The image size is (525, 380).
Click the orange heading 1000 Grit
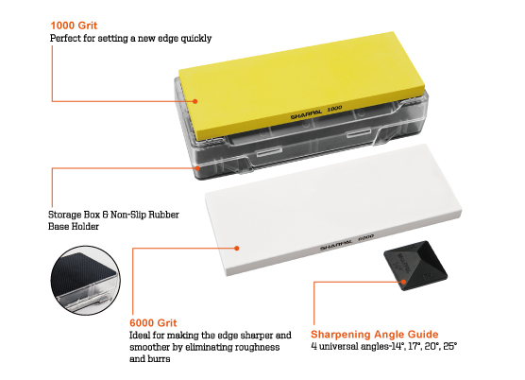coord(74,26)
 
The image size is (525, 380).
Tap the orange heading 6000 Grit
coord(153,322)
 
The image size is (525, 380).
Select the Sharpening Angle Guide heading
coord(374,335)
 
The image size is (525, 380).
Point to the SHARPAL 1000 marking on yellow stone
coord(316,112)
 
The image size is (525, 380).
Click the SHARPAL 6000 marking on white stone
coord(347,243)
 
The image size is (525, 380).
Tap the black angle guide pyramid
coord(415,265)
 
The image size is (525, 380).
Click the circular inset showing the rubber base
coord(86,281)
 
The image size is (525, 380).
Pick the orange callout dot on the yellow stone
coord(195,101)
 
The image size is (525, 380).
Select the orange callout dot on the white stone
coord(237,249)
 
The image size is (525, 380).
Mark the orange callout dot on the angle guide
coord(404,282)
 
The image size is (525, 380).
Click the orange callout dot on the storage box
coord(197,168)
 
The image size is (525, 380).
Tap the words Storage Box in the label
coord(74,215)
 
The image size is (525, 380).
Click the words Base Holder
coord(74,227)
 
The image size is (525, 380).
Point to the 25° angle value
coord(450,347)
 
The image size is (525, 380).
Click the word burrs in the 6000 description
coord(161,359)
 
